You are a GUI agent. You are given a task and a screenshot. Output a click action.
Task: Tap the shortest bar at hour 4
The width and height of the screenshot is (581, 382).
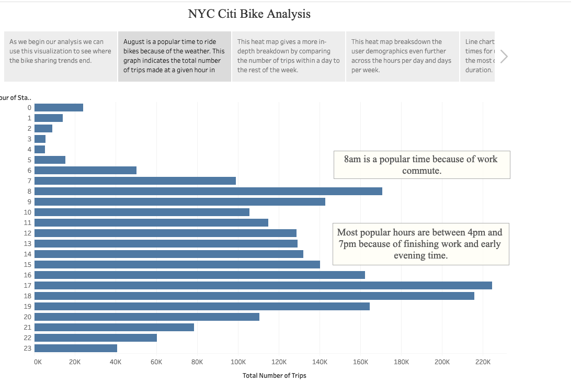pos(40,149)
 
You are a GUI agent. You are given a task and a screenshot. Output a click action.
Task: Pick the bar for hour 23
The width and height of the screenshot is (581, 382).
pos(76,348)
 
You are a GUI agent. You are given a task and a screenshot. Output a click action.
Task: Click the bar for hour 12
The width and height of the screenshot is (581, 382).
pos(165,233)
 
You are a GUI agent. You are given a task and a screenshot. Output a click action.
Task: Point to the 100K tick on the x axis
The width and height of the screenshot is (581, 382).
pos(238,362)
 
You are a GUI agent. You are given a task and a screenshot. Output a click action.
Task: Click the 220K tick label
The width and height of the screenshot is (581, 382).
pos(483,362)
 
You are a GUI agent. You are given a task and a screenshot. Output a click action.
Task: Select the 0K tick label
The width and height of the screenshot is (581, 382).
pos(38,362)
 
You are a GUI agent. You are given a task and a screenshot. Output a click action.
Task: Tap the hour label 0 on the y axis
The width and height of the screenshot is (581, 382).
pos(29,107)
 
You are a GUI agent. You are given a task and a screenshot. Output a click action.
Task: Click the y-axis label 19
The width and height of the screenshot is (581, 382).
pos(27,306)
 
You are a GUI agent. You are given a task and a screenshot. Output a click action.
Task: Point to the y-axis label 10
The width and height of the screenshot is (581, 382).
pos(27,212)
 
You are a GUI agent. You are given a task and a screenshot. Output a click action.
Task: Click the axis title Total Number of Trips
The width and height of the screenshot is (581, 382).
pos(274,376)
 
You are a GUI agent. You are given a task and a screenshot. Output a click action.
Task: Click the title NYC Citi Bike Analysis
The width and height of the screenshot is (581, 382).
pos(249,14)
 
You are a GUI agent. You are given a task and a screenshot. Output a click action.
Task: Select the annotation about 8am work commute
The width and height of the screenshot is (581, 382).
pos(421,165)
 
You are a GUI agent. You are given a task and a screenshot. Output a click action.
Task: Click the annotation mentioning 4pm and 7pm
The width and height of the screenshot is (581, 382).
pos(420,244)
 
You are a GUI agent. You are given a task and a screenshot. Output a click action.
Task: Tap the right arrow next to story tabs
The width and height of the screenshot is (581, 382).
pos(504,57)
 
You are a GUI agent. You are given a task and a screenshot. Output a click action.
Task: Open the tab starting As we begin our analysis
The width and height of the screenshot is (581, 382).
pos(60,56)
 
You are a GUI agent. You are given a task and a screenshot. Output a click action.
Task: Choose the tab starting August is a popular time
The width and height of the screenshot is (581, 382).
pos(174,56)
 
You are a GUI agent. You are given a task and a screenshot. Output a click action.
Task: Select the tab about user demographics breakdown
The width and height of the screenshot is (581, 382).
pos(402,56)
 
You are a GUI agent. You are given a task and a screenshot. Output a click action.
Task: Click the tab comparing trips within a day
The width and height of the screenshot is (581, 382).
pos(288,56)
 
